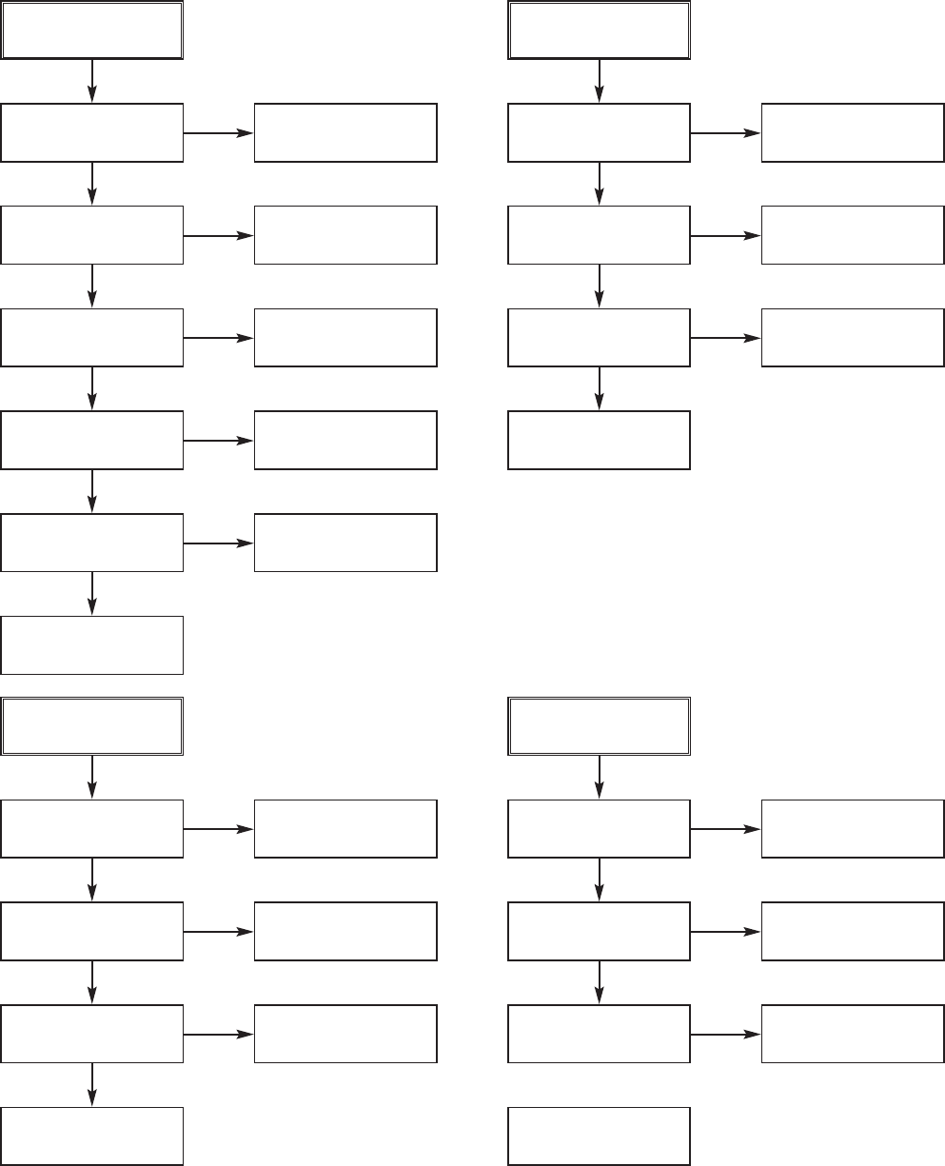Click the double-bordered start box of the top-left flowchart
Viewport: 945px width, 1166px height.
(91, 30)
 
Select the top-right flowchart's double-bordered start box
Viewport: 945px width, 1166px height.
(599, 30)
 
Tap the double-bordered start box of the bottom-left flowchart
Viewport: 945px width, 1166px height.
(91, 726)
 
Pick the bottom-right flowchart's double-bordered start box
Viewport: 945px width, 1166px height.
(599, 726)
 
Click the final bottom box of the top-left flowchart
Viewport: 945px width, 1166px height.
(91, 645)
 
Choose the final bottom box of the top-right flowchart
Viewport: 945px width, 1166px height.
(599, 440)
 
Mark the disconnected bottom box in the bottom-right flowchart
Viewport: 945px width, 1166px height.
(599, 1136)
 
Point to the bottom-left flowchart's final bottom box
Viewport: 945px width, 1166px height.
(91, 1136)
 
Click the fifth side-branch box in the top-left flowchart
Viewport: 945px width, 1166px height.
(345, 543)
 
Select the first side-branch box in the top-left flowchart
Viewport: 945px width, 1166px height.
(345, 132)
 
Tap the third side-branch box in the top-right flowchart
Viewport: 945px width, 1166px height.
(853, 338)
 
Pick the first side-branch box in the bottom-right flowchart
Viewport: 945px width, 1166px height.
(853, 828)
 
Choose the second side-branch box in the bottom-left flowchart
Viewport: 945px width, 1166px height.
(345, 931)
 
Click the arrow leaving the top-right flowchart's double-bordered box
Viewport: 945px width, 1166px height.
(599, 82)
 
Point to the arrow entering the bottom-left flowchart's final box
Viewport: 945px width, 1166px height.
(91, 1084)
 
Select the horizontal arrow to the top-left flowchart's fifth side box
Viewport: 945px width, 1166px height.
(219, 543)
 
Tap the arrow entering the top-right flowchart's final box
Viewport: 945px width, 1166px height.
(599, 388)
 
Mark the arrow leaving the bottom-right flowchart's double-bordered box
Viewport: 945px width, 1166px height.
(599, 778)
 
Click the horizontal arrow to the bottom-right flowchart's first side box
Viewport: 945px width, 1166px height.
(725, 829)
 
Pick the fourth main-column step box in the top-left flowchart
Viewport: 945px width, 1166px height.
(91, 440)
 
